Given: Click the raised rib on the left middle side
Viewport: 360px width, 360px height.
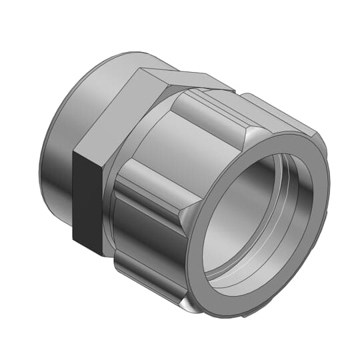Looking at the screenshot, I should coord(143,190).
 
